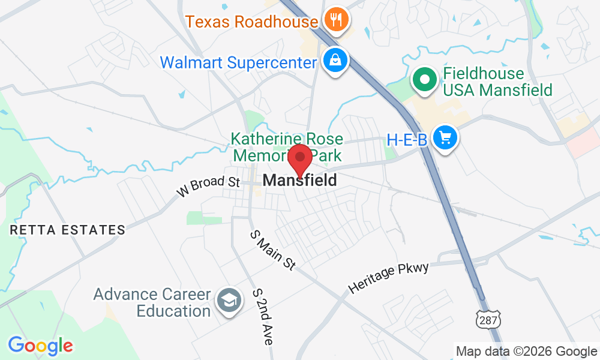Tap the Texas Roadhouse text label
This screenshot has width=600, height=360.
point(251,22)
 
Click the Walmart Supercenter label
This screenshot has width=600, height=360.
point(238,62)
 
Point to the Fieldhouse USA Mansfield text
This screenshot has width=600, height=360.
point(497,83)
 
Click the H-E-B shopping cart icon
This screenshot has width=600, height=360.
point(445,138)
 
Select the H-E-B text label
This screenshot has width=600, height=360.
point(407,140)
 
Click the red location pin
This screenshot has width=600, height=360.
point(300,160)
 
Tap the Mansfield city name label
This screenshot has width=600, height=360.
point(299,180)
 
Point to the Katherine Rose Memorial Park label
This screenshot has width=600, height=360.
point(288,148)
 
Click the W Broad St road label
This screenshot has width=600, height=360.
point(208,187)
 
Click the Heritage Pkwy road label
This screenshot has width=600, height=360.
point(389,278)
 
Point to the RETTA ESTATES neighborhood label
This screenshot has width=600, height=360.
point(67,230)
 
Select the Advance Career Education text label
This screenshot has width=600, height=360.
point(152,303)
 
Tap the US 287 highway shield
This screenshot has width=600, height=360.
point(488,321)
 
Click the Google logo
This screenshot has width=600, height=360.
point(40,345)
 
